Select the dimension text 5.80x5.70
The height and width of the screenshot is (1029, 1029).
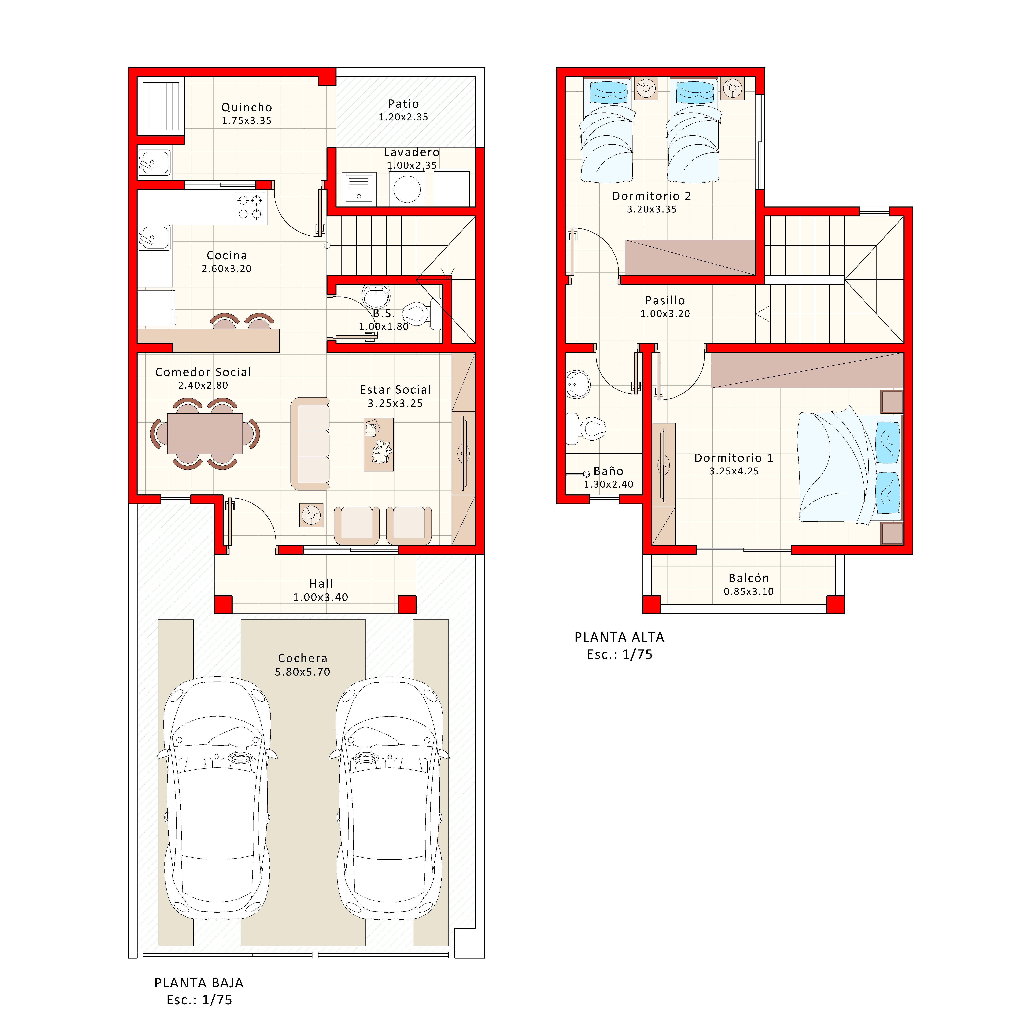click(x=303, y=672)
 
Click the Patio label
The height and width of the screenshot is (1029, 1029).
click(x=403, y=104)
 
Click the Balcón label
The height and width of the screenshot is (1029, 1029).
click(x=748, y=578)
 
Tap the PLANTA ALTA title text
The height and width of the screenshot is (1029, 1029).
click(x=619, y=637)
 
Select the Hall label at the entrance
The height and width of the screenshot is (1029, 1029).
click(x=321, y=584)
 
